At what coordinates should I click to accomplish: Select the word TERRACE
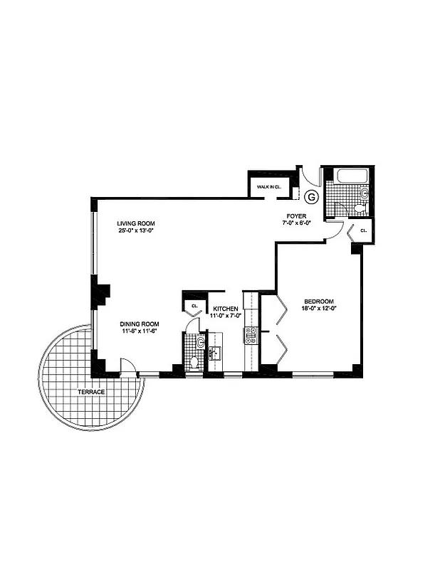[91, 392]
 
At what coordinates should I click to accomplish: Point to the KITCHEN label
[225, 309]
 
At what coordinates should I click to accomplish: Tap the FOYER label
[296, 215]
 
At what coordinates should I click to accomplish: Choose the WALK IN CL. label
[268, 186]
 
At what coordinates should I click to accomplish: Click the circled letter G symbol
[310, 196]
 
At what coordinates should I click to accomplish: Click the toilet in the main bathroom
[360, 208]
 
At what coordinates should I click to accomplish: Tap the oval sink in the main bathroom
[363, 192]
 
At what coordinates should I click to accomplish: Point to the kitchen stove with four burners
[251, 336]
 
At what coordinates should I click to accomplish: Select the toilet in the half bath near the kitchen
[194, 362]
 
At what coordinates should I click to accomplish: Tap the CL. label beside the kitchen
[194, 307]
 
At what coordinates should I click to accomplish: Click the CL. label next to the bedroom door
[363, 231]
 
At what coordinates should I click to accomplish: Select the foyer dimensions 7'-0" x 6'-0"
[296, 223]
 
